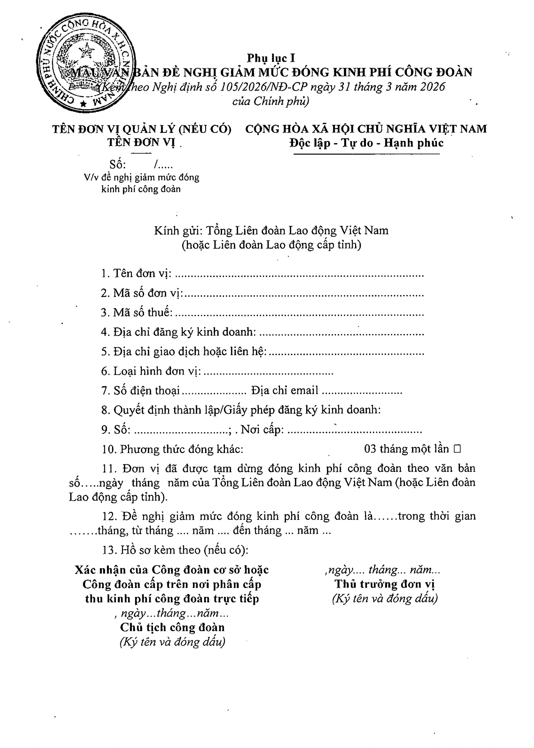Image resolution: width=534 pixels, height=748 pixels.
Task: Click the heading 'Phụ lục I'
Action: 271,58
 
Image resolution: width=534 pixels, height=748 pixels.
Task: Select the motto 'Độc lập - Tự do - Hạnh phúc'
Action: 366,143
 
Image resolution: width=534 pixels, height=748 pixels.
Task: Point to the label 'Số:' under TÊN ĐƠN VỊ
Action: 118,164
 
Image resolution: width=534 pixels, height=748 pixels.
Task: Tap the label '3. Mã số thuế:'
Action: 137,312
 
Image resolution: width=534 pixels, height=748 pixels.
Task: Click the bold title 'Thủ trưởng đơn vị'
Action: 385,584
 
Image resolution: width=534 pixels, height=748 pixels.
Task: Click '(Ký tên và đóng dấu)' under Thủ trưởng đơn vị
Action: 385,599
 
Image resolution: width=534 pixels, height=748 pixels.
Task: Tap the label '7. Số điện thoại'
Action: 140,391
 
